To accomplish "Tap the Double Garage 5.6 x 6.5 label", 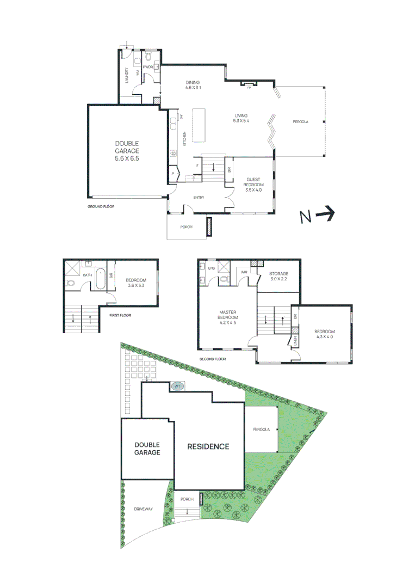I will click(127, 151).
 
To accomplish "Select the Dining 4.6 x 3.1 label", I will click(193, 85).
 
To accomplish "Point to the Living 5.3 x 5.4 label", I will click(241, 118).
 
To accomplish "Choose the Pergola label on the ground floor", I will click(300, 122).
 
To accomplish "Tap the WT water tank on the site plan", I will click(177, 386).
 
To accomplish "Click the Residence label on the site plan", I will click(208, 446).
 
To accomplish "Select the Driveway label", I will click(143, 509).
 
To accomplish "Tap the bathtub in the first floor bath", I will click(101, 279).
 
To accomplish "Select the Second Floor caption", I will click(213, 359).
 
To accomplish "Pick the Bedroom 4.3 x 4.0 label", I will click(324, 334).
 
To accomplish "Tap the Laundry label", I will click(127, 75).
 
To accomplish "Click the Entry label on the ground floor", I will click(199, 198).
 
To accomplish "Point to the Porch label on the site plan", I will click(187, 499).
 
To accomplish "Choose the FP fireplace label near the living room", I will click(249, 88).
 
